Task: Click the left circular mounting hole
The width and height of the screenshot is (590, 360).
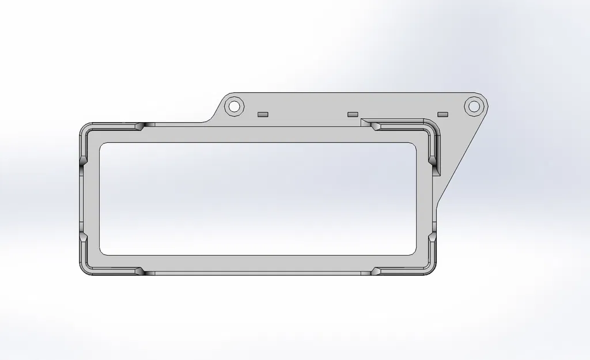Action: pyautogui.click(x=233, y=106)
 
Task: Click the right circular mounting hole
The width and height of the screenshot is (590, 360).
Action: pyautogui.click(x=473, y=106)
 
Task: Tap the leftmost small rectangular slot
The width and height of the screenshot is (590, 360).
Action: pyautogui.click(x=263, y=114)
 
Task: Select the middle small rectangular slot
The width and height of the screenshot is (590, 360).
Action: pyautogui.click(x=353, y=114)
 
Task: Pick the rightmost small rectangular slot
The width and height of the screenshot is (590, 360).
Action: pyautogui.click(x=442, y=114)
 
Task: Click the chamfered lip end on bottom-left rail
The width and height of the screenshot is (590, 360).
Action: pyautogui.click(x=141, y=271)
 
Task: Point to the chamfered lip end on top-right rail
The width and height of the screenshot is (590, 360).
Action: pyautogui.click(x=374, y=125)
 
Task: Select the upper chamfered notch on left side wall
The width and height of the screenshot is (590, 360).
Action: pyautogui.click(x=83, y=158)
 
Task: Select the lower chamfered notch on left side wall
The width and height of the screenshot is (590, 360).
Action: pyautogui.click(x=83, y=237)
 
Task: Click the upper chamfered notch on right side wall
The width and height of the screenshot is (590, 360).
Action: pyautogui.click(x=432, y=158)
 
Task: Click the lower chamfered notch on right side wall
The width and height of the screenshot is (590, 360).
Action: pyautogui.click(x=432, y=237)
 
